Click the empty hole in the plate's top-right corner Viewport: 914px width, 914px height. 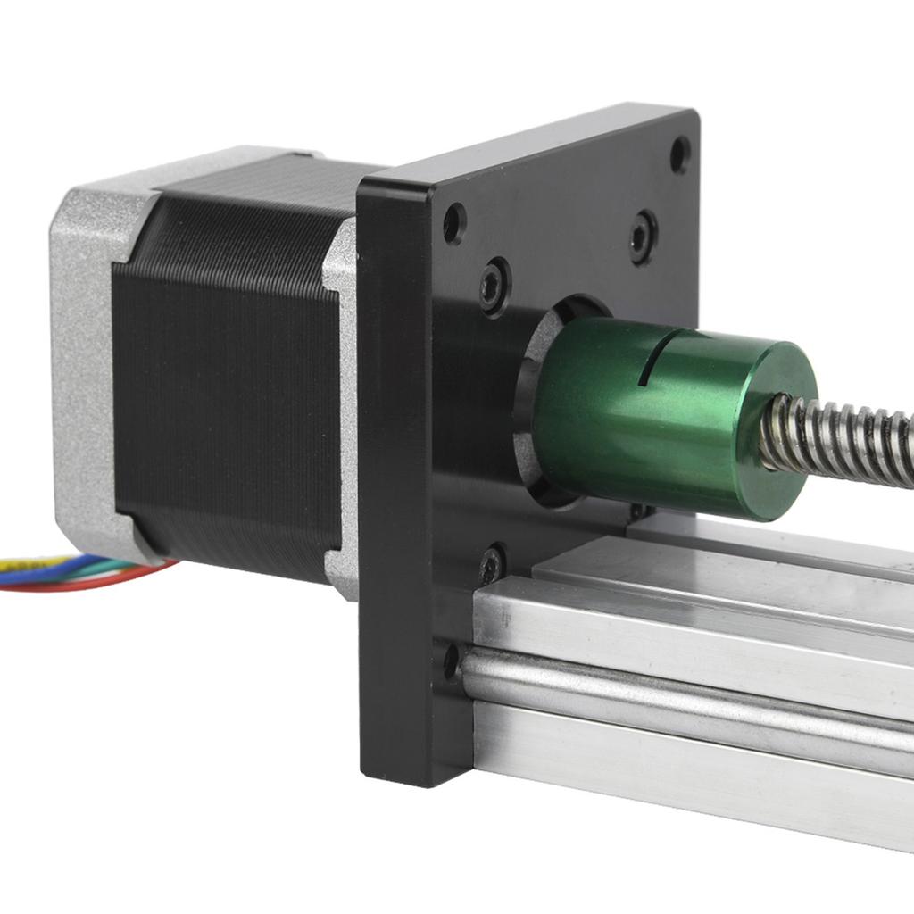click(679, 154)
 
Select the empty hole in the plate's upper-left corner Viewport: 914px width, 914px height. click(454, 223)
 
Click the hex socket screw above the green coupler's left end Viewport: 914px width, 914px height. click(494, 287)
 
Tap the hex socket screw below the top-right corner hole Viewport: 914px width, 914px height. click(642, 236)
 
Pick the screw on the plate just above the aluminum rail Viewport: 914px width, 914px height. click(491, 563)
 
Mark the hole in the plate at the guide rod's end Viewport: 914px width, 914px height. click(452, 661)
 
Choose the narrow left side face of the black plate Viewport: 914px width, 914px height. click(393, 482)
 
